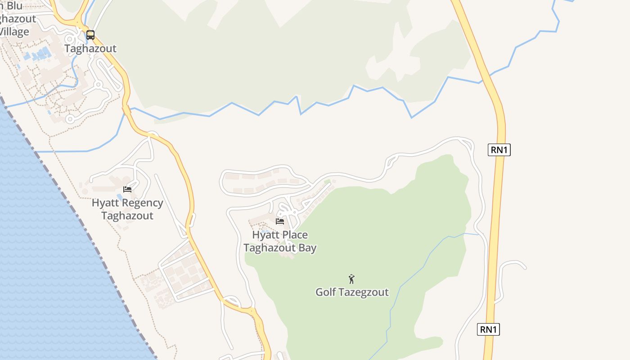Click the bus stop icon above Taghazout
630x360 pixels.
coord(90,35)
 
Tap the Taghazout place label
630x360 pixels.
coord(90,48)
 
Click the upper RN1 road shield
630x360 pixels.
coord(499,150)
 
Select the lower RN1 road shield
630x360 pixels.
coord(488,329)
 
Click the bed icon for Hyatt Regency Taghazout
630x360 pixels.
coord(127,189)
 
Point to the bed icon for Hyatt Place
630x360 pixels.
coord(280,221)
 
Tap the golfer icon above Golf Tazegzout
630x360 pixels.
coord(351,279)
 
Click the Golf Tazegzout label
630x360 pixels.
coord(352,292)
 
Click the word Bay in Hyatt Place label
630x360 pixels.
coord(308,248)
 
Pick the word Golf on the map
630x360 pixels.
coord(326,292)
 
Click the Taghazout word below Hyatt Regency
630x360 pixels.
coord(127,216)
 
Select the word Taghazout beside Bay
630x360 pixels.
coord(271,248)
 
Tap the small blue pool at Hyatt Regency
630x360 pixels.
coord(119,197)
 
